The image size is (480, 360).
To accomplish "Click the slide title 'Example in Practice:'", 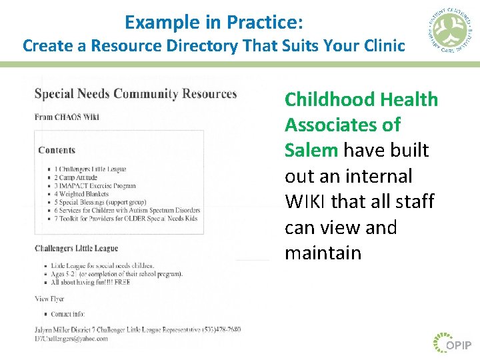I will (x=213, y=22).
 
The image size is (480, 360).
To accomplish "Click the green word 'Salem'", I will (x=311, y=150).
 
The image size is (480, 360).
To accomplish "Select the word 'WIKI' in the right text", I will (x=305, y=201).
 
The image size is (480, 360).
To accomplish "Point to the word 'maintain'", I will (x=323, y=253).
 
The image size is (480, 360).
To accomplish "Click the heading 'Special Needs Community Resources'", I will (x=135, y=94).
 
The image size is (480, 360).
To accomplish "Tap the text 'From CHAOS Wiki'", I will (x=67, y=117).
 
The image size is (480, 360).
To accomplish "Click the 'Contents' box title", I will (x=57, y=150).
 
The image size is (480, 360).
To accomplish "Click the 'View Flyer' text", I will (x=49, y=299).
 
